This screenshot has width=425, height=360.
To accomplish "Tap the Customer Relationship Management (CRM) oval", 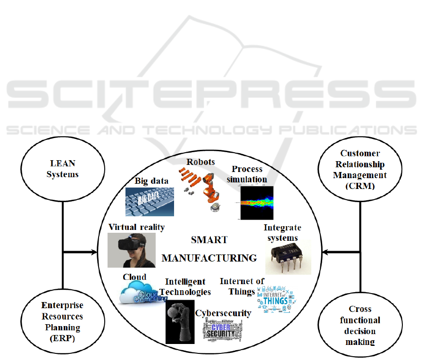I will pyautogui.click(x=360, y=169).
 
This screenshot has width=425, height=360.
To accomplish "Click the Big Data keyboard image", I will pyautogui.click(x=150, y=202).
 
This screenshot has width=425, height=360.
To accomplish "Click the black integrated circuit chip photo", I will pyautogui.click(x=288, y=256).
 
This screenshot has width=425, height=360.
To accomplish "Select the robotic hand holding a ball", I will pyautogui.click(x=180, y=322).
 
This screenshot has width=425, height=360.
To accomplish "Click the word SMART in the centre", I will pyautogui.click(x=209, y=240).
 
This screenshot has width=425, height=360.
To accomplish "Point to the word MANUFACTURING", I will pyautogui.click(x=209, y=258).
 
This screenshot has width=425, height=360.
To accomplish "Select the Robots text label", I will pyautogui.click(x=200, y=162).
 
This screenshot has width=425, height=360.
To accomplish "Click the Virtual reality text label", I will pyautogui.click(x=137, y=227).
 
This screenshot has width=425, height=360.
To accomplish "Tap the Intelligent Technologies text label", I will pyautogui.click(x=188, y=287).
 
